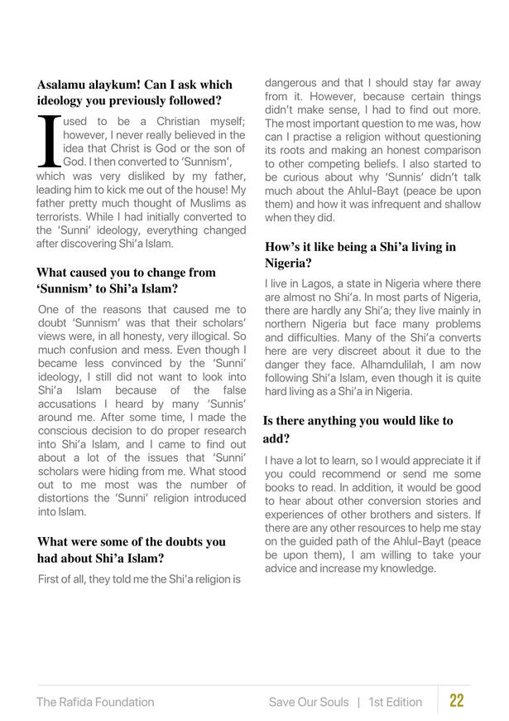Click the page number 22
(x=456, y=701)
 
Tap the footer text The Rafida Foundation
(x=95, y=702)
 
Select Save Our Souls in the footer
(x=308, y=702)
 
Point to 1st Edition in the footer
(x=396, y=702)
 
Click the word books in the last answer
(x=282, y=487)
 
